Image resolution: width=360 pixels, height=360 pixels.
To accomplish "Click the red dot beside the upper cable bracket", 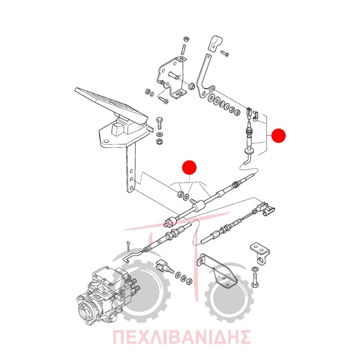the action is pos(279,135).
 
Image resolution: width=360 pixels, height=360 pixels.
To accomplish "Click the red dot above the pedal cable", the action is pos(189,167).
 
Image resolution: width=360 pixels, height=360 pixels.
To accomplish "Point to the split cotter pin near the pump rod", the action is pos(128,246).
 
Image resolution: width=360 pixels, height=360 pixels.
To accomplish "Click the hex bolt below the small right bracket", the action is pos(255,279).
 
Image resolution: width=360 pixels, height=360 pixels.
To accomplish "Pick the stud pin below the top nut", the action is pos(184,50).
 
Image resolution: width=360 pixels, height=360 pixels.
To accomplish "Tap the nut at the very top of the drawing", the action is pos(186,39).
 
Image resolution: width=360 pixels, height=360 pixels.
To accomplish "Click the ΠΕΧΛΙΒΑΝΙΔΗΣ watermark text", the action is pos(182,337).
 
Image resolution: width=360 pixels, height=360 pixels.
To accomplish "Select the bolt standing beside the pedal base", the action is pos(160,123).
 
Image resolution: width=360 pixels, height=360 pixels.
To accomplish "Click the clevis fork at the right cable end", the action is pos(266,208).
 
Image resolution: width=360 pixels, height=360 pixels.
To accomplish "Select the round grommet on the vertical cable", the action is pos(249,151).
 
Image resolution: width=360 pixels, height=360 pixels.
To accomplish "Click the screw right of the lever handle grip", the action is pos(225,53).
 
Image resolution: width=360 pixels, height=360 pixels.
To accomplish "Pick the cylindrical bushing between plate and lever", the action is pos(192,86).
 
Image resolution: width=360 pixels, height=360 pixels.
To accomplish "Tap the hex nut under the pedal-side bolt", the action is pos(159,141).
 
